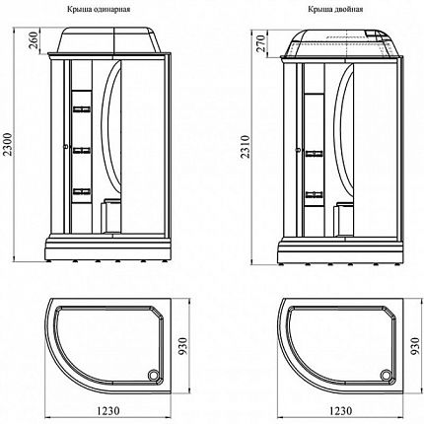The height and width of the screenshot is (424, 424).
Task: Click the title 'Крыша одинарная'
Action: coord(99,9)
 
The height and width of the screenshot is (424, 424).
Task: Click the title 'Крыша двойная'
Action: coord(335,9)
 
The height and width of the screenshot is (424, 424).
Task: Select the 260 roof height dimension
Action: coord(35,40)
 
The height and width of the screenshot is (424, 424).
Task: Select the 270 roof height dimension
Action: coord(260,44)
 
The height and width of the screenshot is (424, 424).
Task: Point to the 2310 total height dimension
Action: coord(246,147)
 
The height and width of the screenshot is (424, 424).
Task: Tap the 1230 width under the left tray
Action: coord(108,410)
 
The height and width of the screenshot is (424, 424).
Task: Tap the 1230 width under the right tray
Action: coord(340,411)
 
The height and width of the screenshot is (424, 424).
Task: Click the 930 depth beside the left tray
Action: coord(182,346)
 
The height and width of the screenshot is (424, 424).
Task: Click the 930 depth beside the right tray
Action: coord(415,346)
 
